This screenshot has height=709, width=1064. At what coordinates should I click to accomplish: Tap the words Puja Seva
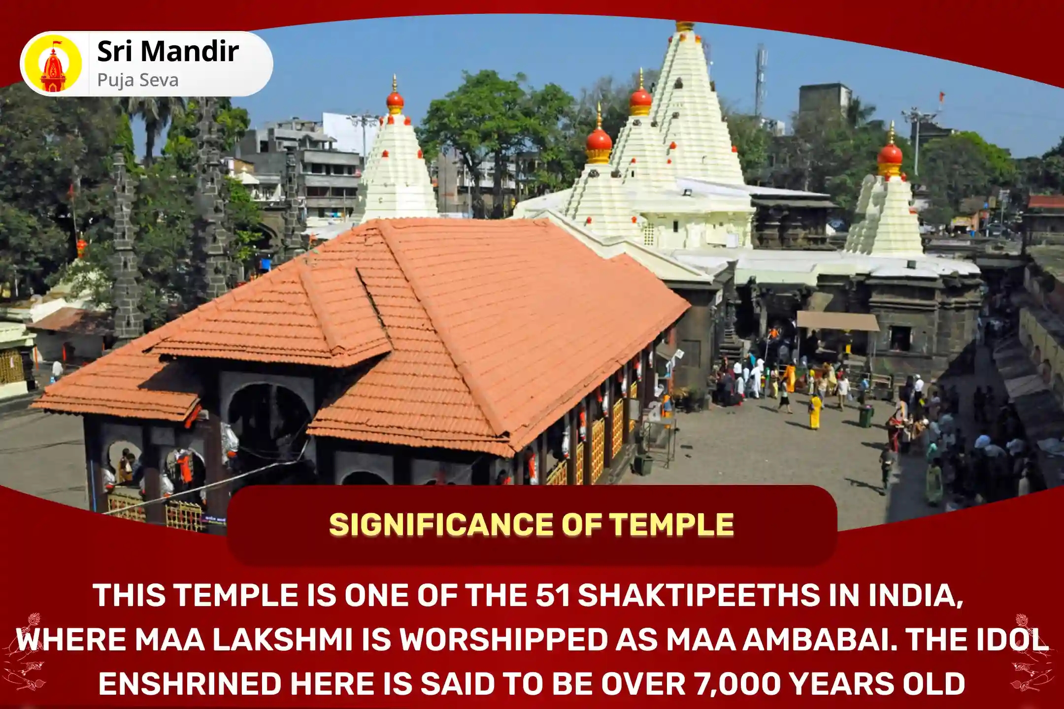(x=137, y=80)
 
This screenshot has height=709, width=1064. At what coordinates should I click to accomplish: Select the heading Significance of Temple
(x=532, y=525)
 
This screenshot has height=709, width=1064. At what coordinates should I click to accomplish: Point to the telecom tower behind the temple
(x=762, y=74)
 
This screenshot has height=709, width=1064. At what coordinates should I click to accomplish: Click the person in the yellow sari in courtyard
(x=815, y=412)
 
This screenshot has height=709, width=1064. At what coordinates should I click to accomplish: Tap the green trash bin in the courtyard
(x=866, y=416)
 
